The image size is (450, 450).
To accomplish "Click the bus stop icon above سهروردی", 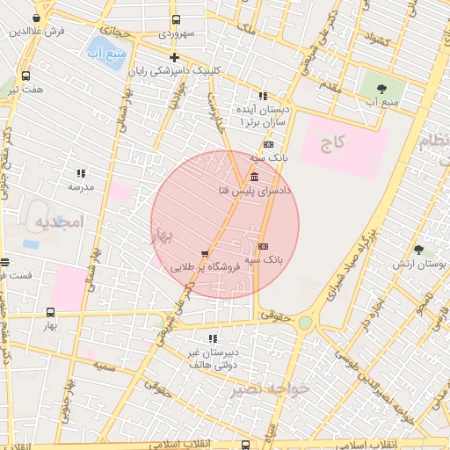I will (176, 19).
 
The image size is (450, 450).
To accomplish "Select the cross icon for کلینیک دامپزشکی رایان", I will (174, 57).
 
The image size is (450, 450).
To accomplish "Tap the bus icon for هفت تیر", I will (25, 76).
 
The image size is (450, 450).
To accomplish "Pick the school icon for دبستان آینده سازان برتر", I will (262, 96).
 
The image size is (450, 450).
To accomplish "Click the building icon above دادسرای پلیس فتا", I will (254, 177).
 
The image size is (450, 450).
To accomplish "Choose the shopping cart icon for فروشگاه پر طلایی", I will (205, 254).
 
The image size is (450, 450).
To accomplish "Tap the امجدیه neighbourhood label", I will (58, 223).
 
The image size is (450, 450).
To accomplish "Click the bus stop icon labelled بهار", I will (50, 312).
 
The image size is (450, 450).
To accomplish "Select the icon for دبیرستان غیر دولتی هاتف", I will (213, 338).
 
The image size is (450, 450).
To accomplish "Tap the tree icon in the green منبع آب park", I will (381, 89).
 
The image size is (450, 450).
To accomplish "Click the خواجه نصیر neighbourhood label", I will (271, 388).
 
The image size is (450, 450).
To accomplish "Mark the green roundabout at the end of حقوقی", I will (304, 323).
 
